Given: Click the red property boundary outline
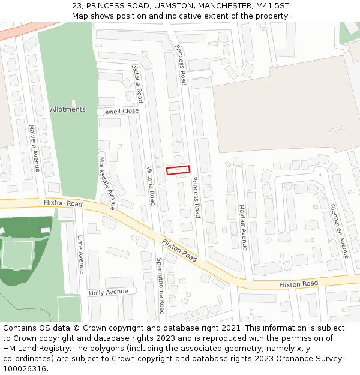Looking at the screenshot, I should pyautogui.click(x=178, y=170).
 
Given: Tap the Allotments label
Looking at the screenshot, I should pyautogui.click(x=68, y=109).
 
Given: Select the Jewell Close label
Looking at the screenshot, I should pyautogui.click(x=121, y=111).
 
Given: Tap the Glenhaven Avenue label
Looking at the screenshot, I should pyautogui.click(x=339, y=231).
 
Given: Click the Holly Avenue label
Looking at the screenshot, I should pyautogui.click(x=109, y=292).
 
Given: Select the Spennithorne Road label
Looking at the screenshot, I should pyautogui.click(x=160, y=286).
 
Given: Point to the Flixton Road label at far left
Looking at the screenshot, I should pyautogui.click(x=63, y=204).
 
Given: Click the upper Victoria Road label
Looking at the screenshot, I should pyautogui.click(x=138, y=83).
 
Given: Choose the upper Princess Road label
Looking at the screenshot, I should pyautogui.click(x=181, y=64).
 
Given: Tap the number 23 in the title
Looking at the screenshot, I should pyautogui.click(x=76, y=5).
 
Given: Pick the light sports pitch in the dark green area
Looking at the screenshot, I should pyautogui.click(x=17, y=254).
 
